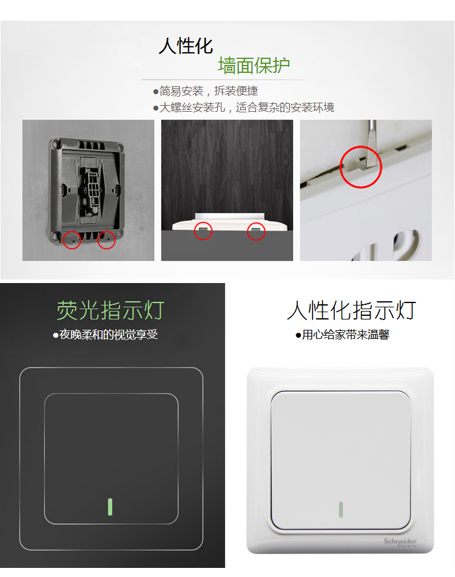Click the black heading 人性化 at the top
[186, 46]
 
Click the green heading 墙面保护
[254, 66]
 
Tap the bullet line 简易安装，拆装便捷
[206, 91]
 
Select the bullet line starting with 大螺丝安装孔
[244, 108]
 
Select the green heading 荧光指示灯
[110, 310]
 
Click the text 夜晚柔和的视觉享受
[106, 335]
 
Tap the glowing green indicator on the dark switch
[110, 507]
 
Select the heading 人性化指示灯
[351, 310]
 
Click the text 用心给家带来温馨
[343, 335]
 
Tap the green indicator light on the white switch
[341, 510]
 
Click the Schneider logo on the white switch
[400, 542]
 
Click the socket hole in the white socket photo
[406, 245]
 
